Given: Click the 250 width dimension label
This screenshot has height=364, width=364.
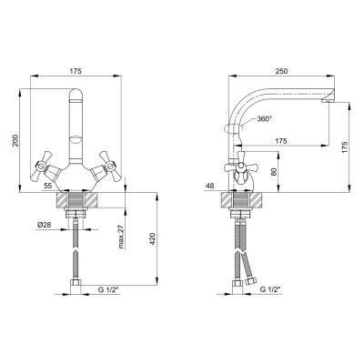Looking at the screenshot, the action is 280,71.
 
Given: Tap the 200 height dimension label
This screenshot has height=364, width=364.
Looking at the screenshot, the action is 16,140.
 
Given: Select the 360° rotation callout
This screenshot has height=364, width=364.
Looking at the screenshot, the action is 263,119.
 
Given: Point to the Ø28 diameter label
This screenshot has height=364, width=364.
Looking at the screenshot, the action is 44,225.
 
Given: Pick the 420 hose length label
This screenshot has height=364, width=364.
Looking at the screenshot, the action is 153,239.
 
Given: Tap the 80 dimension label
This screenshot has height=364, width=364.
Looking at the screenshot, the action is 274,172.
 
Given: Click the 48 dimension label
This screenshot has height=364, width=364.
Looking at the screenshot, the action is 209,185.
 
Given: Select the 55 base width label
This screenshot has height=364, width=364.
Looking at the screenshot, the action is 47,185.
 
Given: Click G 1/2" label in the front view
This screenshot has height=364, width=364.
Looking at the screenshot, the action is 108,289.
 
